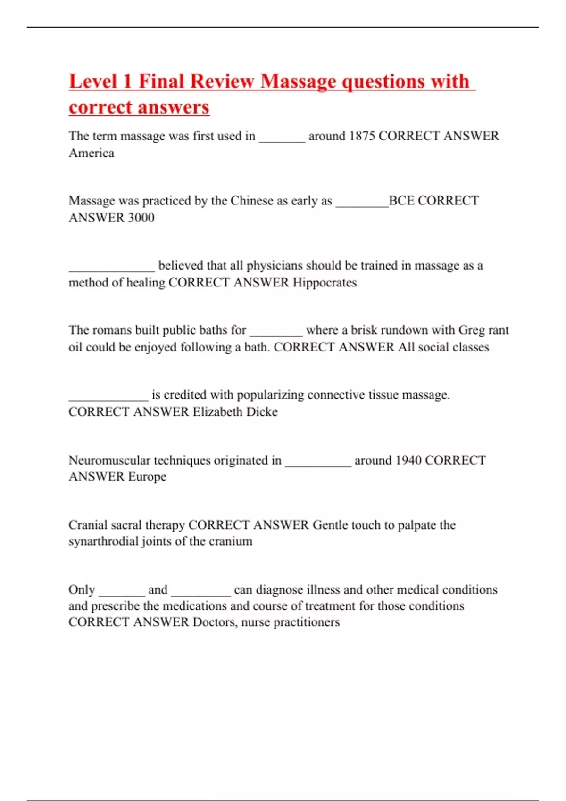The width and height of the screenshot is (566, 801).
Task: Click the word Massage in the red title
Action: tap(297, 82)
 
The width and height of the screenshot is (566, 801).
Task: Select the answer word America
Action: tap(92, 153)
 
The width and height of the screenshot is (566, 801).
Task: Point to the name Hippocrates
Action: tap(325, 283)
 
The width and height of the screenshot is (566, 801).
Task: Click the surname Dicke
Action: tap(262, 412)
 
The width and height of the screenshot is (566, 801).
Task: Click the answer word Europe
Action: tap(147, 477)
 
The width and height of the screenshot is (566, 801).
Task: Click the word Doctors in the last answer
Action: tap(215, 622)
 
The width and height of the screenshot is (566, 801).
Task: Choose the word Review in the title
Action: tap(223, 82)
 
